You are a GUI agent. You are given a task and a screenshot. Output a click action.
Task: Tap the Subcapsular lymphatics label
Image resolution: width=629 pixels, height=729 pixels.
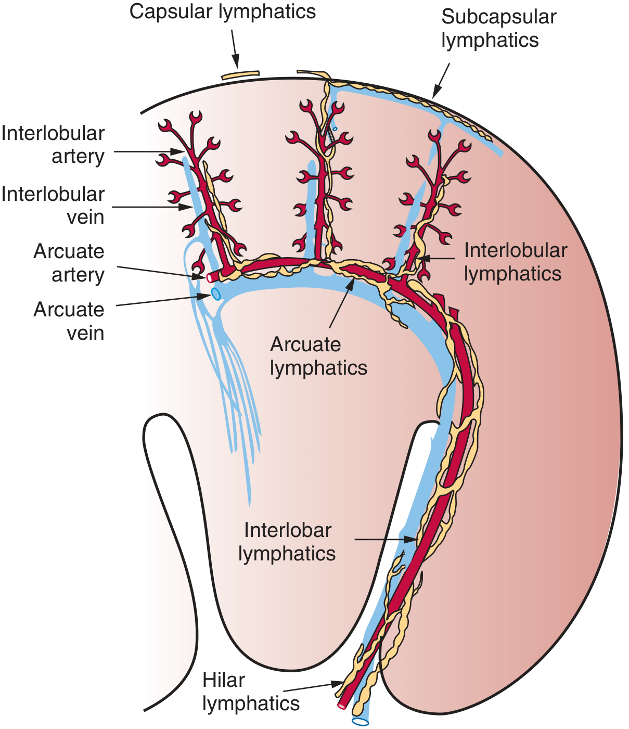(x=498, y=28)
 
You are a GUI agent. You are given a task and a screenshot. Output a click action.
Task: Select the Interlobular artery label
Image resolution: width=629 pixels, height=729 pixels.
(x=53, y=145)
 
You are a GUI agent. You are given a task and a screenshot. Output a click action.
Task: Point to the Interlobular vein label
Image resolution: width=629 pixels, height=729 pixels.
(x=53, y=205)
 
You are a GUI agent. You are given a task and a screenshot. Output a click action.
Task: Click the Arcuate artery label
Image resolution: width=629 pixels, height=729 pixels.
(x=69, y=263)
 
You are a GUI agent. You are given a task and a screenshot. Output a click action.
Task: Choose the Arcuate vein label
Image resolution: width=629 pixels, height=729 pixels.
(x=69, y=321)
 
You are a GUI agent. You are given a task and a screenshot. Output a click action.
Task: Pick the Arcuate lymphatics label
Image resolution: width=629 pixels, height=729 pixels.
(x=318, y=356)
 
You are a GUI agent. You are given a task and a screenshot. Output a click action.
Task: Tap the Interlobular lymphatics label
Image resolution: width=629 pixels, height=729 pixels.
(x=516, y=262)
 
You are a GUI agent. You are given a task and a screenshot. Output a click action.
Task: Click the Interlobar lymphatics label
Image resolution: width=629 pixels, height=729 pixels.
(x=287, y=542)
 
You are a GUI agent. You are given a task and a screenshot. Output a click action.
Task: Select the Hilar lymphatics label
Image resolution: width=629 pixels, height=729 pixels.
(x=251, y=692)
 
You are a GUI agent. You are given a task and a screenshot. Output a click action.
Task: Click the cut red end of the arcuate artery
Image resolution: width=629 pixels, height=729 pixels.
(x=210, y=277)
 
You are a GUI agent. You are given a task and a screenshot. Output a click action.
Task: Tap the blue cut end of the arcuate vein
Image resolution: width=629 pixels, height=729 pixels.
(x=216, y=294)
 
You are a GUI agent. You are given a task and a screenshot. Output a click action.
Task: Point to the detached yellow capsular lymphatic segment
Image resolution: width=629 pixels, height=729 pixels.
(x=240, y=75)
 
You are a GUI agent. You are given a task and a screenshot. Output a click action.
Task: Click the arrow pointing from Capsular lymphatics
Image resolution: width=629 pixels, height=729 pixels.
(x=235, y=49)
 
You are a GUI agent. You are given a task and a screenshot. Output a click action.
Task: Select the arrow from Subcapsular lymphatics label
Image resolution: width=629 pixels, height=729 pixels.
(x=441, y=81)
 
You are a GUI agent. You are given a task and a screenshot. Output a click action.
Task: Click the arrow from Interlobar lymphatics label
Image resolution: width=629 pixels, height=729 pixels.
(x=386, y=540)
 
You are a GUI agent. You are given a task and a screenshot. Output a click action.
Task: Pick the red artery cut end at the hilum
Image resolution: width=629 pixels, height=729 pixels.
(x=341, y=706)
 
